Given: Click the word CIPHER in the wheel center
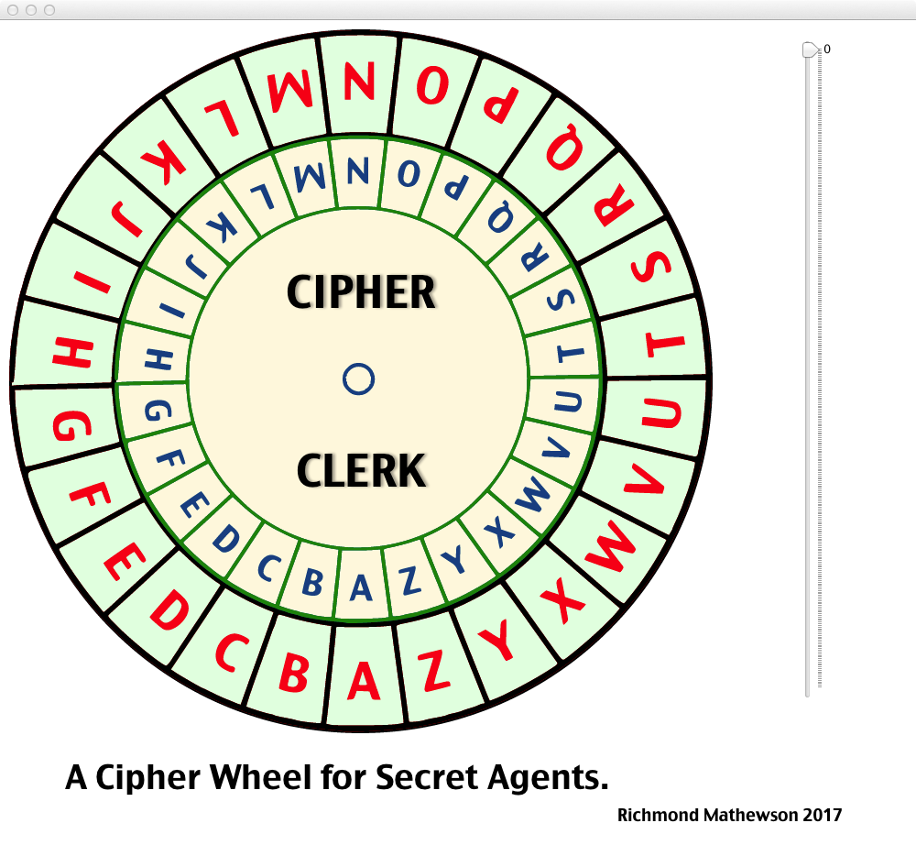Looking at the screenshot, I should [x=361, y=292].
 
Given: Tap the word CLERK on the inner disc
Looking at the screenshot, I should [x=361, y=471].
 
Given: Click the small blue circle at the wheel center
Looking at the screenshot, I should [x=358, y=379].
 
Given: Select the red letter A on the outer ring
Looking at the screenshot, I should [x=364, y=680].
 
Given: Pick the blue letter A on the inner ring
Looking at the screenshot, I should [x=362, y=587].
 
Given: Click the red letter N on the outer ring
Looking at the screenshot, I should [x=359, y=82].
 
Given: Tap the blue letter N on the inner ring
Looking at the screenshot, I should [x=358, y=171].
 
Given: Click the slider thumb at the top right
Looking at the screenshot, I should [x=810, y=49].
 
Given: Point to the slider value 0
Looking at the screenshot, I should [x=827, y=49].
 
